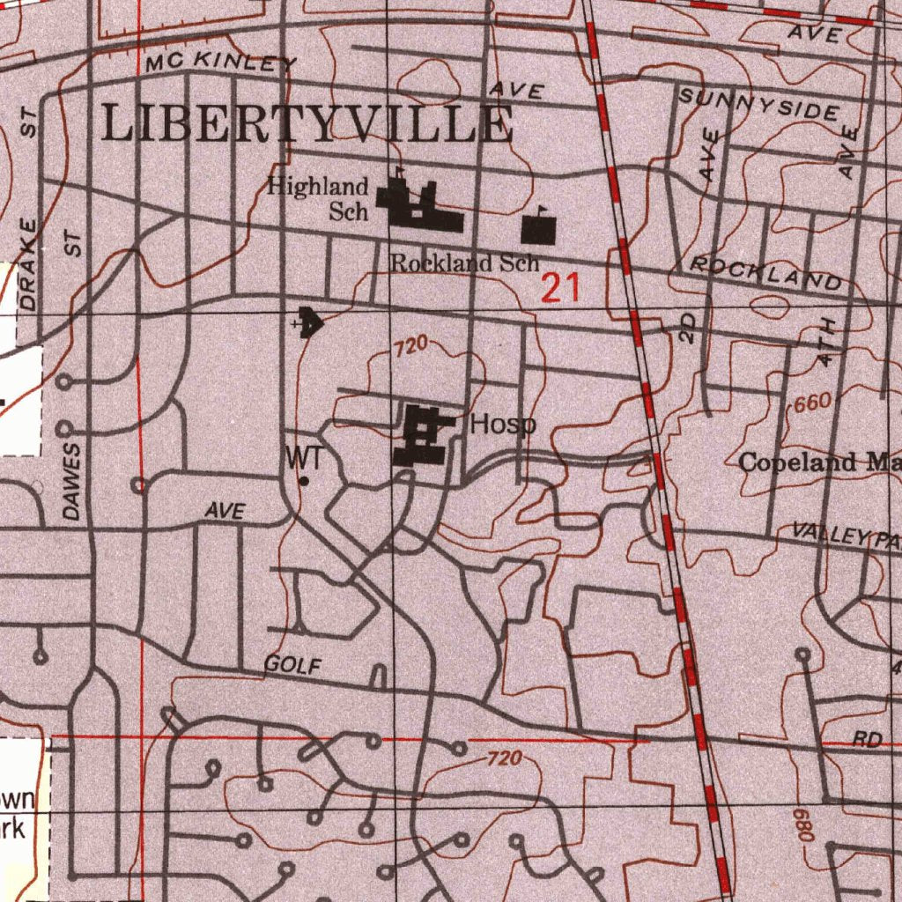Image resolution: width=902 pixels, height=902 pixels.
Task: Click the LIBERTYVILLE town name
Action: [307, 123]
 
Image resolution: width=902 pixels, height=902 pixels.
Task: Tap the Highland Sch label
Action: [318, 198]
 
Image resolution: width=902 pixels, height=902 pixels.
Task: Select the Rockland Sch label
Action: [464, 262]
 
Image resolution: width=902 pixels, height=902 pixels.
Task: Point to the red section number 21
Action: [560, 288]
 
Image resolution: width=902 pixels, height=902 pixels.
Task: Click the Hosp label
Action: [502, 425]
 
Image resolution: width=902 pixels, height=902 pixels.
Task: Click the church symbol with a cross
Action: [308, 323]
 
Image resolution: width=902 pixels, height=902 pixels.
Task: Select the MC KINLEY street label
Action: [222, 63]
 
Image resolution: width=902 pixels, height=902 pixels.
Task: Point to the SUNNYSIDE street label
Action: [758, 104]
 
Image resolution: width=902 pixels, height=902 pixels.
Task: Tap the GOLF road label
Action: [292, 665]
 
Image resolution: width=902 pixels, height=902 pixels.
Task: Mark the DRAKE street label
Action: [30, 263]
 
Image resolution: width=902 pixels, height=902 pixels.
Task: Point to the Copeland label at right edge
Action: [819, 462]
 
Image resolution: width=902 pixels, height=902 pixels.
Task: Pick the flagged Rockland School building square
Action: [538, 230]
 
